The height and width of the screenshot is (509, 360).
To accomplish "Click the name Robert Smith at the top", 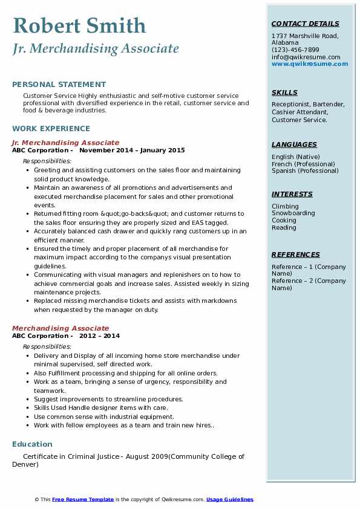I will (x=79, y=25).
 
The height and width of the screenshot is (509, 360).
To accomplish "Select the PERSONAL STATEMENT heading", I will (x=59, y=85).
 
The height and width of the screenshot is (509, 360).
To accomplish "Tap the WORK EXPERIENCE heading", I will (x=51, y=128).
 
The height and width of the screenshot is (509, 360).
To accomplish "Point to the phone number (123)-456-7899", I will (x=295, y=50).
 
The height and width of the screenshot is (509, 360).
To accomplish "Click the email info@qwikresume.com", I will (x=306, y=57).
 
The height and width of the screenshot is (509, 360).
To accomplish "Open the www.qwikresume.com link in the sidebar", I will (x=310, y=63).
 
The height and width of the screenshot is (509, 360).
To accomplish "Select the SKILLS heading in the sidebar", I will (x=284, y=92).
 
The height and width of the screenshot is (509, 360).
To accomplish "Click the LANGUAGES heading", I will (x=294, y=144).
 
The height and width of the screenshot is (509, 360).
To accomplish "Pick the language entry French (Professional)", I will (x=303, y=164).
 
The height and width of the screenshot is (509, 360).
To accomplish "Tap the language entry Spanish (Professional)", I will (x=305, y=170).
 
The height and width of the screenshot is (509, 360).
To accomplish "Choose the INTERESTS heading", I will (x=292, y=194).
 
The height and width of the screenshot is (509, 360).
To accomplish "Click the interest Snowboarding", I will (x=293, y=213).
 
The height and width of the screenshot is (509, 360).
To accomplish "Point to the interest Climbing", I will (x=285, y=206).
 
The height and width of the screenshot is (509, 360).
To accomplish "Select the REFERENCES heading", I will (x=296, y=254).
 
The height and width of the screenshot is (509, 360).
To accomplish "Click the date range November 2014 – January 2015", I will (x=132, y=150).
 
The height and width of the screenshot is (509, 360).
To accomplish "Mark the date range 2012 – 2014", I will (x=99, y=336).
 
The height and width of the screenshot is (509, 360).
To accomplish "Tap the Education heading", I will (x=32, y=444).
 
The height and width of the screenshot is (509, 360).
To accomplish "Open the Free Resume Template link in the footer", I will (x=83, y=499).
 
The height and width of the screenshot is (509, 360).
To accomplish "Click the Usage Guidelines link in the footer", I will (x=229, y=499).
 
